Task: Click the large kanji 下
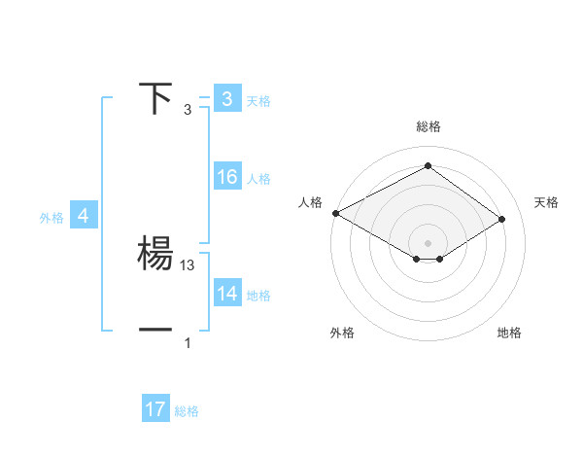click(x=155, y=99)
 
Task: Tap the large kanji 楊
click(x=155, y=254)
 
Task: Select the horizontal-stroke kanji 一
click(x=155, y=330)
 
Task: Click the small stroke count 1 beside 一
click(x=188, y=342)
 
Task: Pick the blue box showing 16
click(x=227, y=177)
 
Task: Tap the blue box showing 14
click(x=227, y=294)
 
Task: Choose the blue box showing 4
click(x=84, y=217)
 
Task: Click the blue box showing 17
click(x=155, y=410)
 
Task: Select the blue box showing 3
click(x=227, y=99)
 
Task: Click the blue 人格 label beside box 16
click(x=259, y=179)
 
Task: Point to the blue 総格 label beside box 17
click(x=188, y=412)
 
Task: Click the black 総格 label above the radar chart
click(x=429, y=127)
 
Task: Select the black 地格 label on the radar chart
click(x=509, y=334)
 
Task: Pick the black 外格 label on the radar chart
click(x=342, y=334)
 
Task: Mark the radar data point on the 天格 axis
click(x=502, y=219)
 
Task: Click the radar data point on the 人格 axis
click(x=335, y=213)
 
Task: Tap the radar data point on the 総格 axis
click(x=428, y=166)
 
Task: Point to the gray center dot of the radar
click(x=428, y=241)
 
